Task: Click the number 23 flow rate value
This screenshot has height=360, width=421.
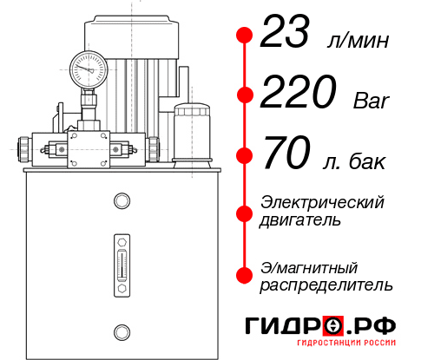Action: pyautogui.click(x=290, y=35)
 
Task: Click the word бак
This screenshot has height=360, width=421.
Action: pyautogui.click(x=369, y=163)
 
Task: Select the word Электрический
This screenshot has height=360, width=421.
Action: pyautogui.click(x=322, y=202)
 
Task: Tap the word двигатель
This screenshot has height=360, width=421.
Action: pyautogui.click(x=300, y=220)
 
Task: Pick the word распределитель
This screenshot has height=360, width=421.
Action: pyautogui.click(x=326, y=285)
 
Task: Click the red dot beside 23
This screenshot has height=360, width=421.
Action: pyautogui.click(x=245, y=36)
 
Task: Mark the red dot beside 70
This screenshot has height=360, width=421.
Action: pyautogui.click(x=245, y=156)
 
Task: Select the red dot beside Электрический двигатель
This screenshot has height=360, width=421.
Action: pyautogui.click(x=245, y=212)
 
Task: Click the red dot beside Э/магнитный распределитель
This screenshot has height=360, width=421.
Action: pyautogui.click(x=245, y=275)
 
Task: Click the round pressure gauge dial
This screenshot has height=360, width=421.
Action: pyautogui.click(x=89, y=67)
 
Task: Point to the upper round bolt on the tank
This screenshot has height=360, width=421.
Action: pyautogui.click(x=121, y=201)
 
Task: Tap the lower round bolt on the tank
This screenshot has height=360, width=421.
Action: pyautogui.click(x=121, y=331)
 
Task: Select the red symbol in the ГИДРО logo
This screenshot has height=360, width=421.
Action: pyautogui.click(x=333, y=326)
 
